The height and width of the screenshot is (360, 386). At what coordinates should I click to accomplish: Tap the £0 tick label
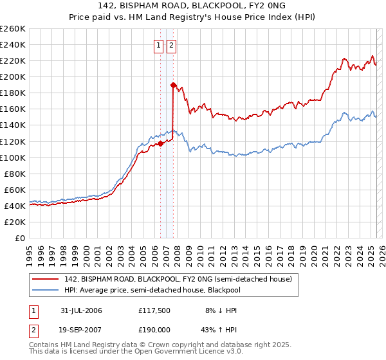(19, 238)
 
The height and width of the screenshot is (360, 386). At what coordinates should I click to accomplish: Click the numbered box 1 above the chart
(158, 46)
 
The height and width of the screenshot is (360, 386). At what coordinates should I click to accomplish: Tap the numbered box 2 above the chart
(172, 46)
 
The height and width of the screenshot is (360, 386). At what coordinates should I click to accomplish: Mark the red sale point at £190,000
(173, 85)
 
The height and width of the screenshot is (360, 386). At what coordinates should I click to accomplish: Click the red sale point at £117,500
(160, 143)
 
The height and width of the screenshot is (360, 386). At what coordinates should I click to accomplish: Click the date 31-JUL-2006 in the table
(81, 310)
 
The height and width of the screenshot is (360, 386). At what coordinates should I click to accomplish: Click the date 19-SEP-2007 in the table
(81, 329)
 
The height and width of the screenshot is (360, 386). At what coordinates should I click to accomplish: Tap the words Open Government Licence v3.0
(188, 353)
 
